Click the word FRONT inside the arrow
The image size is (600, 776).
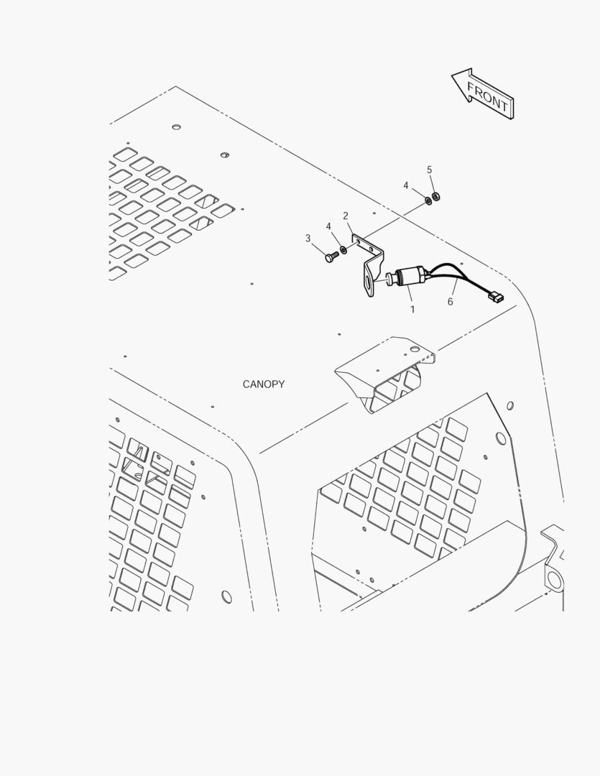pyautogui.click(x=487, y=98)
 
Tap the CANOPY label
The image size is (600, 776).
pyautogui.click(x=264, y=384)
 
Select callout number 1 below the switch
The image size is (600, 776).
pyautogui.click(x=412, y=310)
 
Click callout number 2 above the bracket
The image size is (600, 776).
pyautogui.click(x=346, y=216)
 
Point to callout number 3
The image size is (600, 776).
pyautogui.click(x=308, y=239)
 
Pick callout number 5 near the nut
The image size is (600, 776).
pyautogui.click(x=429, y=170)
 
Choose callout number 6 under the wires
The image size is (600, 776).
pyautogui.click(x=450, y=301)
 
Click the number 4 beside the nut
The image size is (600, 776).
pyautogui.click(x=406, y=185)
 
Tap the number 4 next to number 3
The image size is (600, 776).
pyautogui.click(x=328, y=226)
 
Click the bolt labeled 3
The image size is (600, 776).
pyautogui.click(x=332, y=257)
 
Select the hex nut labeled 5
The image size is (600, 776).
pyautogui.click(x=436, y=197)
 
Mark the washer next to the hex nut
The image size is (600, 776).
pyautogui.click(x=428, y=201)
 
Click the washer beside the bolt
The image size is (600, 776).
pyautogui.click(x=343, y=248)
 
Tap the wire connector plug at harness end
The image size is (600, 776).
pyautogui.click(x=495, y=298)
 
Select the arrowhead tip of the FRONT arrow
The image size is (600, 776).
pyautogui.click(x=451, y=75)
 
